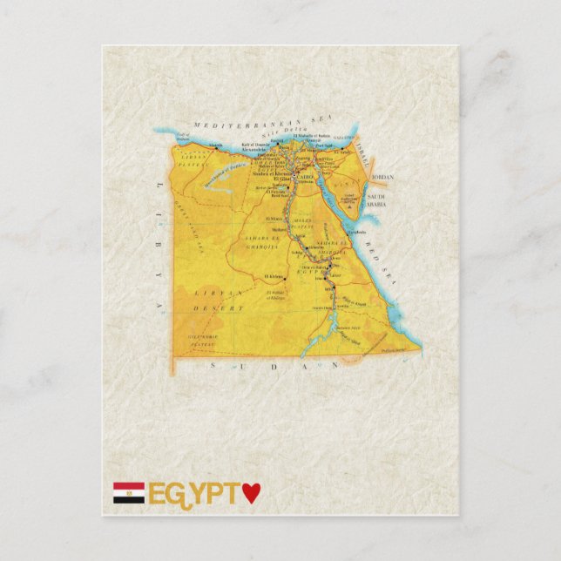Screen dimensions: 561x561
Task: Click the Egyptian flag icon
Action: (128, 494)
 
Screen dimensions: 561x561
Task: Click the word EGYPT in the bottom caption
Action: (193, 494)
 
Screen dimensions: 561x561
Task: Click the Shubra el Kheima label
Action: (271, 172)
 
